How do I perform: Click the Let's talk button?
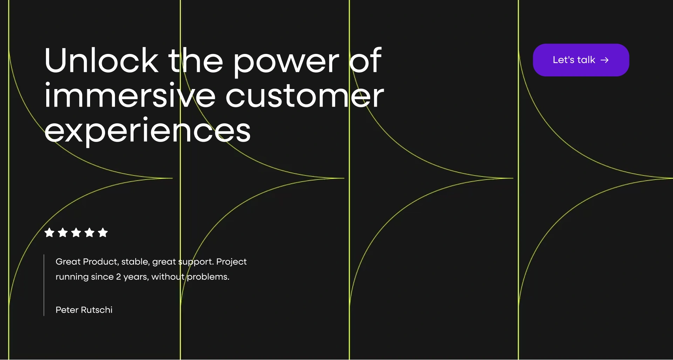click(x=581, y=60)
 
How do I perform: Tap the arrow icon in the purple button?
click(x=604, y=60)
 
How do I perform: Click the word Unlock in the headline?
click(x=102, y=61)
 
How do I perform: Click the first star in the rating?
click(x=49, y=232)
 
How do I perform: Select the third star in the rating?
click(x=76, y=232)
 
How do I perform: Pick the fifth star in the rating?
click(x=103, y=232)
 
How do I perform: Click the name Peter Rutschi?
click(x=84, y=310)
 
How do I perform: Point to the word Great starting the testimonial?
click(x=68, y=261)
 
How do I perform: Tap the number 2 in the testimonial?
click(x=118, y=277)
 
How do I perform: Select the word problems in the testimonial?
click(x=208, y=277)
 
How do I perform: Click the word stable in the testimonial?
click(x=135, y=262)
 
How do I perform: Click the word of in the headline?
click(x=366, y=60)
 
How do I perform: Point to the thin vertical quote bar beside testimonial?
click(x=44, y=285)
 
